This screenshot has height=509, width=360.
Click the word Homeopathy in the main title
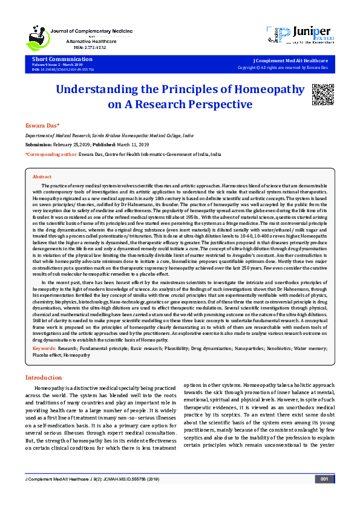coord(266,90)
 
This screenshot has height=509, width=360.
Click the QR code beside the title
coord(322,94)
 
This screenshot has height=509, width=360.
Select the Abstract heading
coord(42,176)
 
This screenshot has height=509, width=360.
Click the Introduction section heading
coord(43,377)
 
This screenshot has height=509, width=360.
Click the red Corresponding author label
coord(50,155)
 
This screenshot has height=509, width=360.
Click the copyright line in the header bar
coord(291,68)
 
